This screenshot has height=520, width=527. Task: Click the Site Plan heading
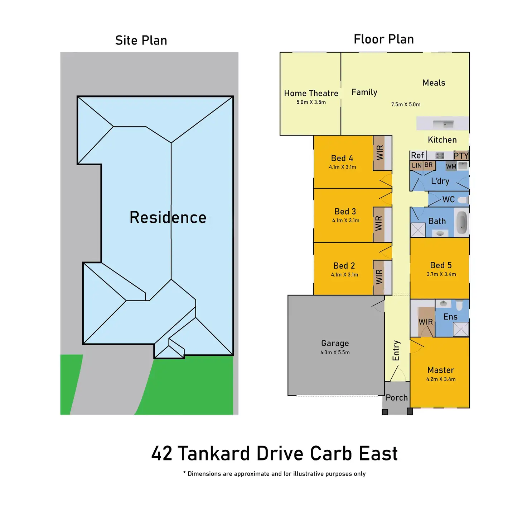click(141, 40)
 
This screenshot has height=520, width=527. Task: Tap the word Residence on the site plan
click(168, 218)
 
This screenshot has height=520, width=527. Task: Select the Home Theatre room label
click(311, 93)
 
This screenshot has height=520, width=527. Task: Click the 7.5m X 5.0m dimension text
click(406, 104)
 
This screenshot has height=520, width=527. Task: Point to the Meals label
click(434, 83)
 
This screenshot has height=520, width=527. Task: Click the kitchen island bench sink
click(443, 124)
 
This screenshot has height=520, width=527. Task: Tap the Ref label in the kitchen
click(417, 155)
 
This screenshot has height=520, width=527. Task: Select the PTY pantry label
click(461, 156)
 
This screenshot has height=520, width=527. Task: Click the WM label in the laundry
click(451, 166)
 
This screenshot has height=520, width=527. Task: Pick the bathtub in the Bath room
click(461, 222)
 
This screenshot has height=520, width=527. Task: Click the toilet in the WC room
click(463, 200)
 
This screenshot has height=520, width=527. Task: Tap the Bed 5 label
click(441, 265)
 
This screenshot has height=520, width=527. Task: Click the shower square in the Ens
click(461, 329)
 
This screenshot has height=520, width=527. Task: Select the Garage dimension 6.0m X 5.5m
click(335, 352)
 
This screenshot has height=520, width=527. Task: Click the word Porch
click(397, 398)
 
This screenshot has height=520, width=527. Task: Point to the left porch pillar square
click(385, 412)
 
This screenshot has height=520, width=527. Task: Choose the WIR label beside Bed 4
click(380, 153)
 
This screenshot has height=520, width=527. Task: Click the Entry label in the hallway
click(396, 350)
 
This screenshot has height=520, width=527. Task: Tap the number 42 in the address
click(161, 453)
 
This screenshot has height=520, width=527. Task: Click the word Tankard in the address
click(214, 453)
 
